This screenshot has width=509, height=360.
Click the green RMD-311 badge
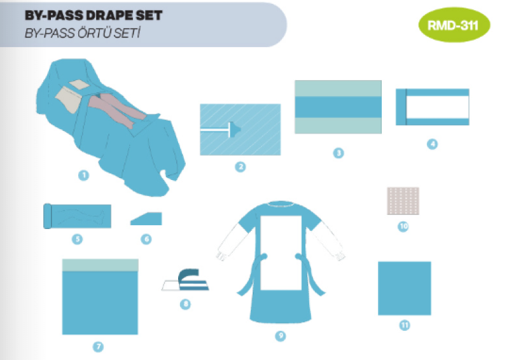454,25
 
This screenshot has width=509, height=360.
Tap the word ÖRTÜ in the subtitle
94,33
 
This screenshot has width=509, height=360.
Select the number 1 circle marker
84,176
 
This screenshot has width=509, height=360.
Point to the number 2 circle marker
241,167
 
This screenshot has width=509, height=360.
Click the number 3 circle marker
338,153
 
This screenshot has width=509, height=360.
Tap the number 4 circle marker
432,144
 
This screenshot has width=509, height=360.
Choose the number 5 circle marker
77,239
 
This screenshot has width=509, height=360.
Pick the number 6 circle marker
146,239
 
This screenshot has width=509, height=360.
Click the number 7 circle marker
99,347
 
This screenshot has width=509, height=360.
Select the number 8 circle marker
185,304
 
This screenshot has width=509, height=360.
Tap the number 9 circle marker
281,336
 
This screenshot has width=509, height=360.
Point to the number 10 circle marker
403,226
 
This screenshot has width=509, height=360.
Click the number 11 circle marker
405,325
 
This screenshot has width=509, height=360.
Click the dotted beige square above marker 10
403,201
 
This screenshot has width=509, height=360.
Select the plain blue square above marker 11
405,288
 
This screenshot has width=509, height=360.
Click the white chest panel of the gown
281,253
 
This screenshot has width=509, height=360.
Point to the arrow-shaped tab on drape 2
235,130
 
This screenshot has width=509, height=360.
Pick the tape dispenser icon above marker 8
186,280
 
